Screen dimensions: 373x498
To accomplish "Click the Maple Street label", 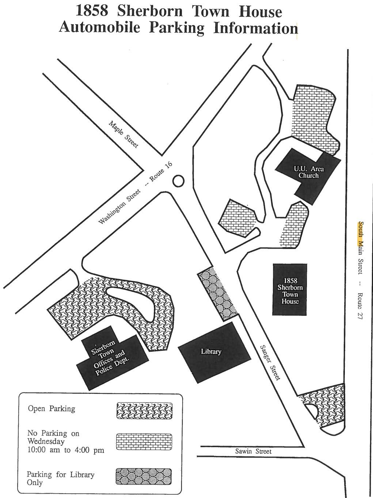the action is coord(124,134).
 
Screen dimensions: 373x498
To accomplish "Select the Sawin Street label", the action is coord(253,451).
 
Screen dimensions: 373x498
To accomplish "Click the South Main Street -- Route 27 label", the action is coord(361,271).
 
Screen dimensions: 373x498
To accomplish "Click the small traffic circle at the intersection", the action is coord(178,181).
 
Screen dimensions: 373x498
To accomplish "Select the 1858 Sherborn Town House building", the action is coord(290,289).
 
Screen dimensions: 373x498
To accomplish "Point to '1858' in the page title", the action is coord(92,11).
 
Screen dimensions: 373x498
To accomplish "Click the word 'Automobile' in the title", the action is coord(99,28).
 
